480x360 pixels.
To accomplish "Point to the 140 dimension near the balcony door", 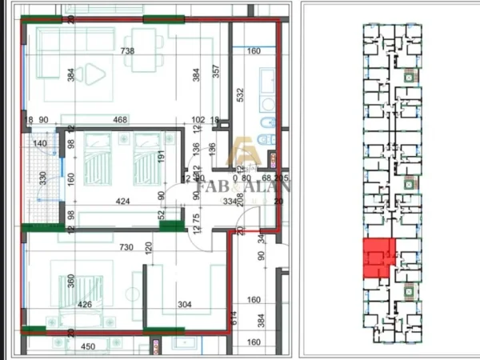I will pyautogui.click(x=41, y=145).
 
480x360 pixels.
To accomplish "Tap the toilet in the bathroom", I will pyautogui.click(x=269, y=122).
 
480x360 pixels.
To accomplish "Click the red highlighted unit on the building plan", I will pyautogui.click(x=377, y=258).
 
